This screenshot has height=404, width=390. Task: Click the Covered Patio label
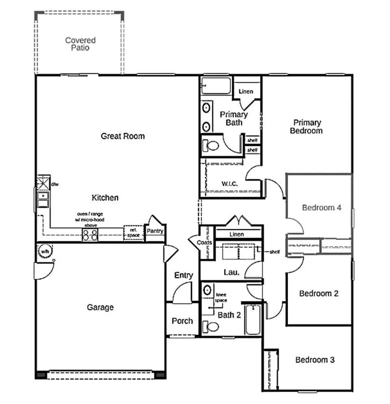pos(80,44)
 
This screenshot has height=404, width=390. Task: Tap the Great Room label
pos(122,136)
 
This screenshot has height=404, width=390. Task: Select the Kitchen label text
pos(105,198)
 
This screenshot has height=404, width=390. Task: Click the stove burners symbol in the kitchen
pos(91,235)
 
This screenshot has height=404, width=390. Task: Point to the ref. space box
pos(133,233)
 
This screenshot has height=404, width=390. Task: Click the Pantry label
pos(155,231)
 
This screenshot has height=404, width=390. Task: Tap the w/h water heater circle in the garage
pos(44,251)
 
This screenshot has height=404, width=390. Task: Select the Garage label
pos(100,307)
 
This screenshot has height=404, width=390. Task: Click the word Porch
pos(182,321)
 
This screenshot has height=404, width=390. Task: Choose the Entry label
pos(183,275)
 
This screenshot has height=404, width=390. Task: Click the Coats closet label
pos(204,243)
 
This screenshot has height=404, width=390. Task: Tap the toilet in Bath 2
pos(210,327)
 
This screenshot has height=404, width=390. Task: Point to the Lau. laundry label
pos(230,272)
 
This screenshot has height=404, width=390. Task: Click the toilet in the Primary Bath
pos(210,145)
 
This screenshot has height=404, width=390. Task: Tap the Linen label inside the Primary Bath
pos(246,91)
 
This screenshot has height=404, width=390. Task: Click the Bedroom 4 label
pos(322,208)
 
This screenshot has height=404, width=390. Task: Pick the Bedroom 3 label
pos(315,360)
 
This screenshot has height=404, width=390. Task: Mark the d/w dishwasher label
pos(54,184)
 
